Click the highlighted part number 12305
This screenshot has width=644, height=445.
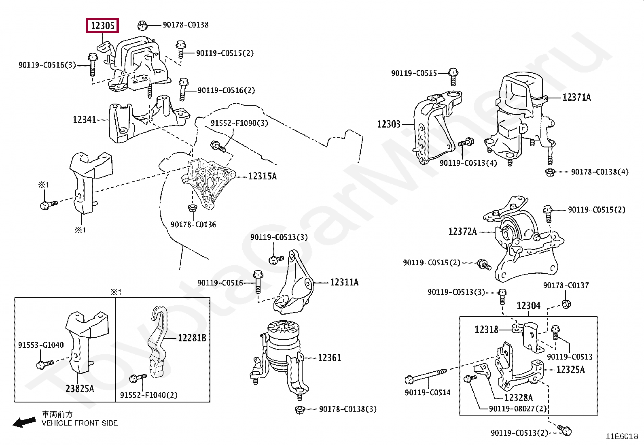point(102,26)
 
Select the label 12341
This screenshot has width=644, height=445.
point(85,120)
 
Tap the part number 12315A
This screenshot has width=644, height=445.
point(263,176)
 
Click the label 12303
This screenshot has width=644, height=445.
point(388,124)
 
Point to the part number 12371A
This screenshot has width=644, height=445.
point(576,97)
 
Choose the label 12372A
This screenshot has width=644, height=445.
point(462,232)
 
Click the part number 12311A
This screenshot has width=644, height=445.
point(344,282)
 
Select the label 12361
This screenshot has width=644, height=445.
point(329,358)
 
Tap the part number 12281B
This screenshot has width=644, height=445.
point(192,338)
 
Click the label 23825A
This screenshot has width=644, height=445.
point(80,389)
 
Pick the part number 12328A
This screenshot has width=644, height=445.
point(518,398)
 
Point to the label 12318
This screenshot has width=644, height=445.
point(486,330)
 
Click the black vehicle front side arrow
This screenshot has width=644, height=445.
point(23,423)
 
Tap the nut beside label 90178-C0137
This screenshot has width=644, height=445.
point(566,304)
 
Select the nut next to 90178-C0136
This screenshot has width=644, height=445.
point(192,208)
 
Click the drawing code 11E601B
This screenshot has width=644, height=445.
point(621,436)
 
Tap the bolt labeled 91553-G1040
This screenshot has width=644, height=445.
point(45,364)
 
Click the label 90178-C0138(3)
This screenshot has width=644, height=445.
point(347,409)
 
